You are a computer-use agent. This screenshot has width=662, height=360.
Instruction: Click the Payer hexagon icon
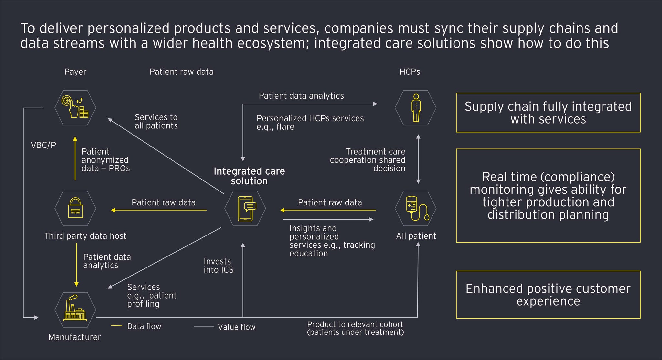coord(75,108)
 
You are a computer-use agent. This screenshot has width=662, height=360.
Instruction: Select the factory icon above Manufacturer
coord(75,310)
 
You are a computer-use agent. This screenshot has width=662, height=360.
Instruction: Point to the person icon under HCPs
coord(416,108)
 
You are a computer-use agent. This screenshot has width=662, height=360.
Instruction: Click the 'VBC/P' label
coord(43,145)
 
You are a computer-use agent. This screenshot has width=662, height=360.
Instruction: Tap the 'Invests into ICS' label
coord(219,266)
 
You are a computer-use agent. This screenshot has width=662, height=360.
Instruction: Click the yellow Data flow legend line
coord(116,326)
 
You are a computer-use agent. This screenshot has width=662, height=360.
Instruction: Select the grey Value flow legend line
coord(204,326)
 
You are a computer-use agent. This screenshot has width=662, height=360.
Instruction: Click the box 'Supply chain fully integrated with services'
coord(548,113)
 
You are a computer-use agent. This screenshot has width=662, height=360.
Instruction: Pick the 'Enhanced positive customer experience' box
coord(548,295)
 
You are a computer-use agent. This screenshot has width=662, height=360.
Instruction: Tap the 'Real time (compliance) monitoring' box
coord(548,195)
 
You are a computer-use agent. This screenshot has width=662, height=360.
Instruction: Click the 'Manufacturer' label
coord(75,337)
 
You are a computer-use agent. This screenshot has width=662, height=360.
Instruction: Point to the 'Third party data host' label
coord(85,236)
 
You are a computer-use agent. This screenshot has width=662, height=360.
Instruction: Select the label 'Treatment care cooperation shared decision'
coord(368,160)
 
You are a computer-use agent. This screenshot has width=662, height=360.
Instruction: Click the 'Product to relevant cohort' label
coord(355,328)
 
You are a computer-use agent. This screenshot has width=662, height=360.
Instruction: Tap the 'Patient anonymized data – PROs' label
coord(105,160)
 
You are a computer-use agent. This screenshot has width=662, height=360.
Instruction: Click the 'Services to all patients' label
coord(156,121)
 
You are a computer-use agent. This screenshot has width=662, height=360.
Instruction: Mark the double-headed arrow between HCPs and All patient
coord(418,159)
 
